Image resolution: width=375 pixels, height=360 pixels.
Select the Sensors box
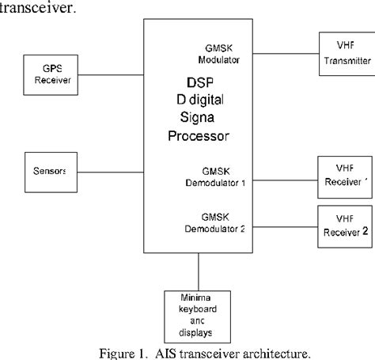click(48, 171)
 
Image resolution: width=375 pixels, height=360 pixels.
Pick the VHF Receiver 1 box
click(342, 180)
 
